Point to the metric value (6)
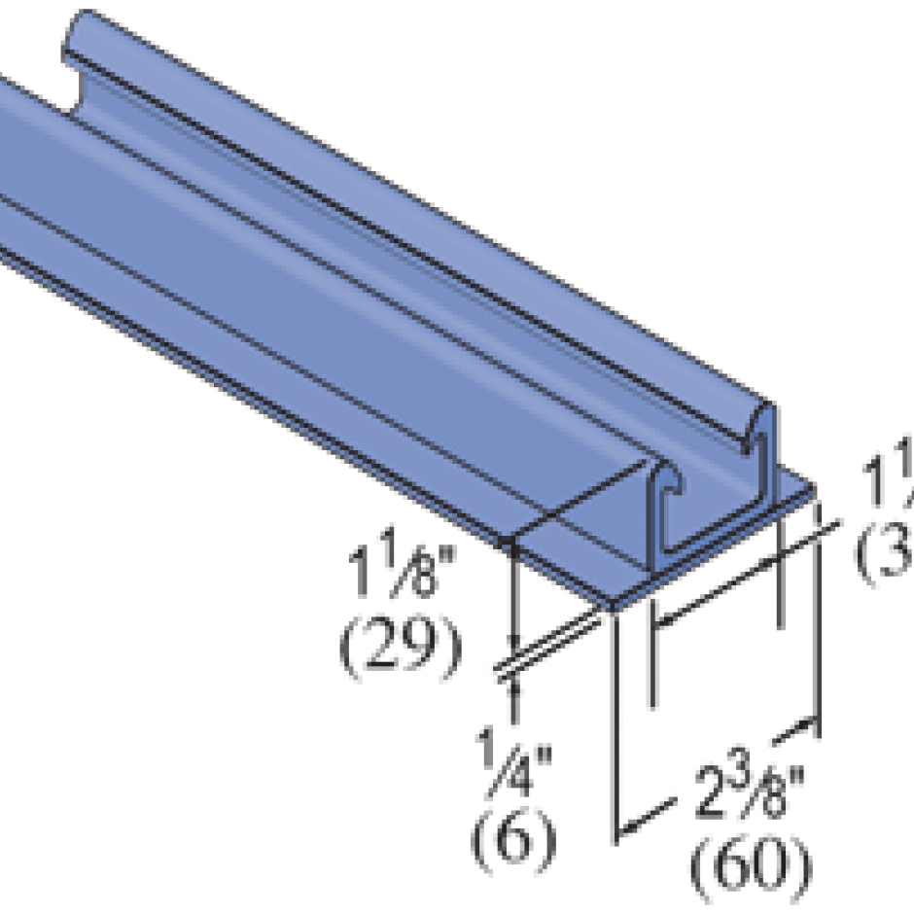click(x=514, y=835)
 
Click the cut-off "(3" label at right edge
click(x=885, y=555)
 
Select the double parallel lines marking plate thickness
click(x=549, y=647)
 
